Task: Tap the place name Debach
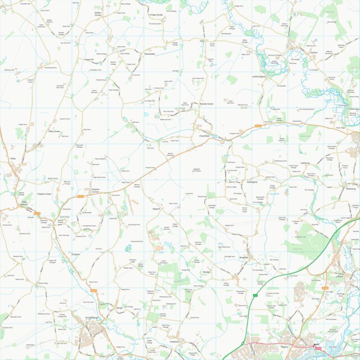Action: (156, 208)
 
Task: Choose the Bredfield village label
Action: (243, 257)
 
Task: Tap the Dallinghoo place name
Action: (252, 181)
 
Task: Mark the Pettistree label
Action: (352, 189)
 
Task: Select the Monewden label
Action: (149, 54)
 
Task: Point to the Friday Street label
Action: (157, 15)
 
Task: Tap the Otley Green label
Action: (54, 131)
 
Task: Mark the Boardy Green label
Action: (207, 103)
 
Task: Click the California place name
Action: (305, 163)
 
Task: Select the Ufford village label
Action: (338, 274)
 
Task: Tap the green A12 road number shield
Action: (254, 295)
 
